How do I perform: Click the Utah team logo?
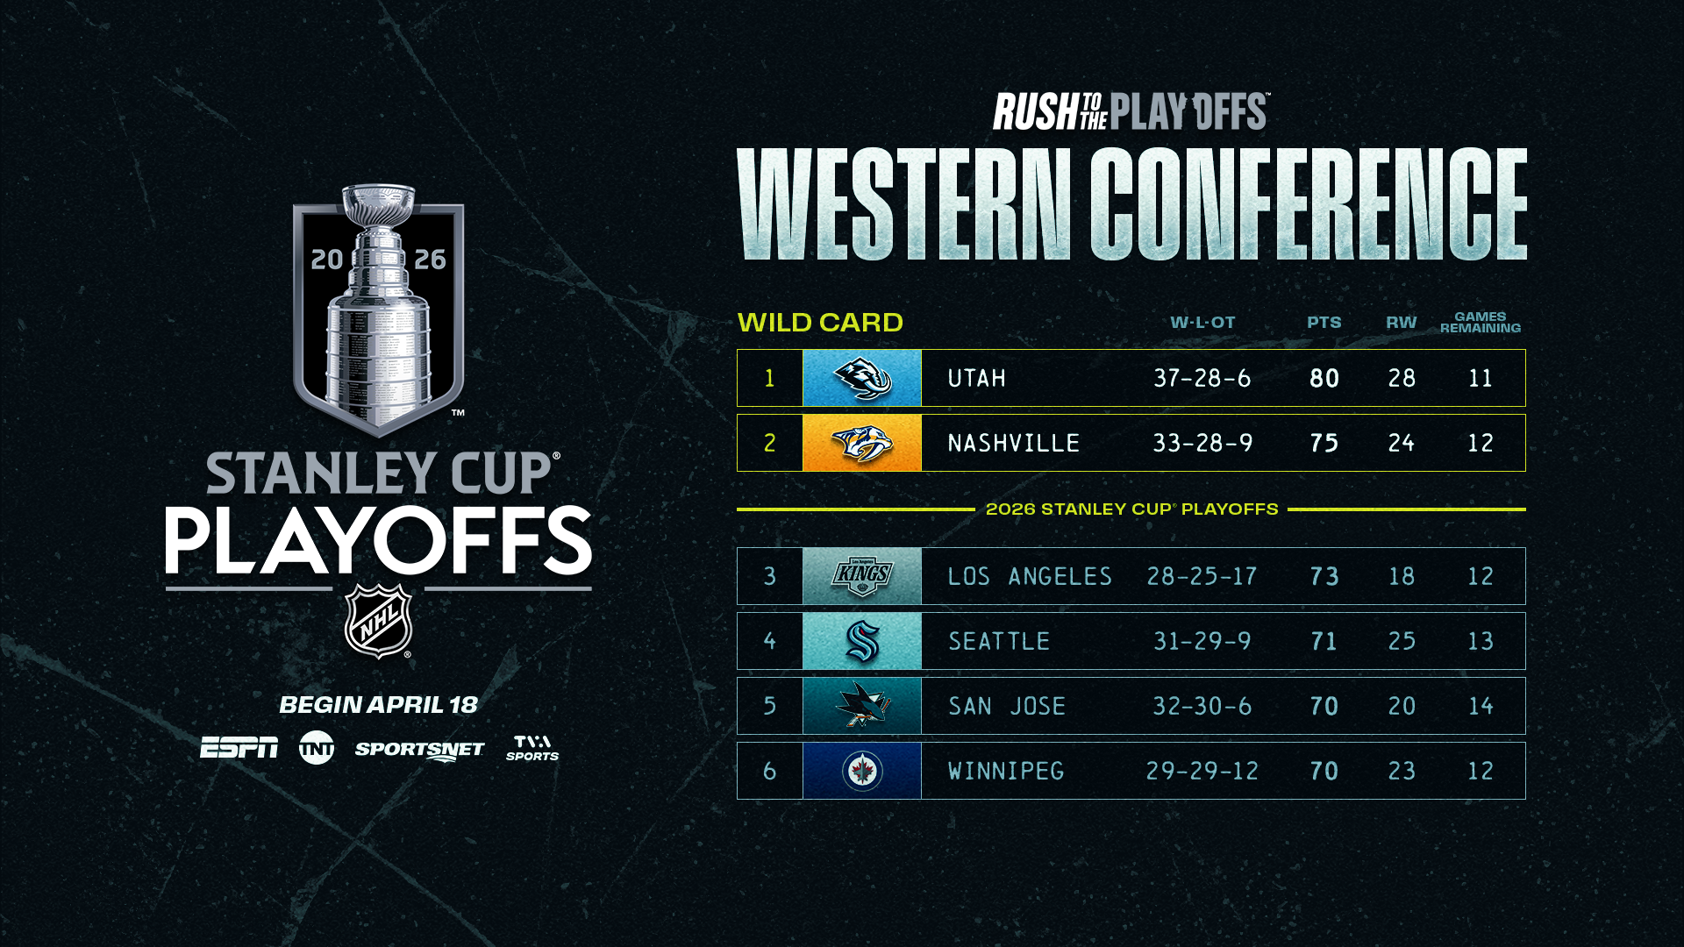(x=862, y=379)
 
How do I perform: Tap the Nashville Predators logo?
(x=862, y=444)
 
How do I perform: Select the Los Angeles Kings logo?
(x=862, y=577)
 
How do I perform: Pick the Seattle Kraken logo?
(x=862, y=642)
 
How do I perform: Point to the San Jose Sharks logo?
(x=862, y=706)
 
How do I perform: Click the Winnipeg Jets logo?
(x=862, y=772)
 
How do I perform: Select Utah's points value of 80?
(x=1324, y=379)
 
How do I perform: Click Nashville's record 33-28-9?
(x=1202, y=444)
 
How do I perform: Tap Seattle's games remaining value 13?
(x=1481, y=642)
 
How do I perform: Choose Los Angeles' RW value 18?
(x=1402, y=577)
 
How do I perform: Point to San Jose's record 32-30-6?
(x=1202, y=707)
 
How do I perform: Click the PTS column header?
(x=1324, y=323)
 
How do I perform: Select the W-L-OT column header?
(x=1202, y=323)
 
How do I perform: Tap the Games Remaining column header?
(x=1481, y=323)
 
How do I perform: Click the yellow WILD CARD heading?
(x=820, y=323)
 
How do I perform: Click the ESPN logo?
(x=239, y=748)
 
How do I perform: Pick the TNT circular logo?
(x=317, y=748)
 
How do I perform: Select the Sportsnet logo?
(x=419, y=751)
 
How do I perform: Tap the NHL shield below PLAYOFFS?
(x=379, y=622)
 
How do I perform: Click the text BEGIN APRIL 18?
(x=378, y=705)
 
